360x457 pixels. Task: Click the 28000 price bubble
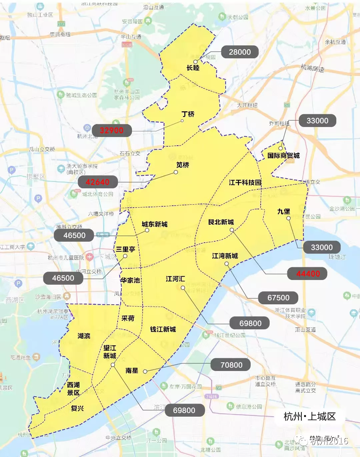tap(240, 52)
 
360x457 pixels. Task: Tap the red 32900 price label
tap(111, 130)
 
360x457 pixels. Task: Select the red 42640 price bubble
tap(98, 182)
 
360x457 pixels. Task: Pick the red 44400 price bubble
tap(308, 274)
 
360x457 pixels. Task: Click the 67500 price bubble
tap(278, 298)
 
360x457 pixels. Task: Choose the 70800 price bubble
tap(231, 365)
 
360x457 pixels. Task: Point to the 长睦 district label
tap(193, 68)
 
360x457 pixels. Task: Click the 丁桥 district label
tap(188, 114)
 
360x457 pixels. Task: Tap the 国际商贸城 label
tap(283, 156)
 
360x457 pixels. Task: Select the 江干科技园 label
tap(245, 182)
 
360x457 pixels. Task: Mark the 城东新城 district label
tap(155, 224)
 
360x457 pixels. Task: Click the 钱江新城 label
tap(163, 329)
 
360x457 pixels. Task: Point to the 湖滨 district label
tap(84, 336)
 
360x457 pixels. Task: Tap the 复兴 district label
tap(77, 408)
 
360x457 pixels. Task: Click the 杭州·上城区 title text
tap(309, 416)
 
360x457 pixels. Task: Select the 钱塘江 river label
tap(337, 257)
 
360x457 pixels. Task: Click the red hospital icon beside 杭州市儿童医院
tap(89, 257)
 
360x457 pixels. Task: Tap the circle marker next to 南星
tap(145, 371)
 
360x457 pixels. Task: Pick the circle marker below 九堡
tap(288, 218)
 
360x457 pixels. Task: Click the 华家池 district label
tap(130, 280)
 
